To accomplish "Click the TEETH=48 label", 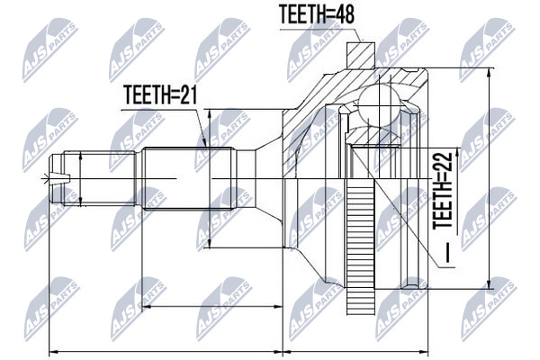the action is (317, 14).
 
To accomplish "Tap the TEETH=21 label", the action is (160, 95).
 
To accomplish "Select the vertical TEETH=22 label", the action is (443, 191).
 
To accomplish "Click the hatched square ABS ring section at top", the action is (361, 55).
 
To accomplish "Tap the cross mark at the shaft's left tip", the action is (45, 178).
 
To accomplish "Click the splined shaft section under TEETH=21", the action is (189, 178).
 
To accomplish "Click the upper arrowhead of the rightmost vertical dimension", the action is (489, 72).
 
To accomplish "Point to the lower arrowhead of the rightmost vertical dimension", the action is (489, 284).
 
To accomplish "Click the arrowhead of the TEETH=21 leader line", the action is (204, 143).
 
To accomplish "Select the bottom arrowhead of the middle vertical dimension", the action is (209, 243).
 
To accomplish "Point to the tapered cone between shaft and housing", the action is (268, 178).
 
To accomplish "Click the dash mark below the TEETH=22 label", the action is (446, 253).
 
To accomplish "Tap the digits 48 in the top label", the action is (344, 14).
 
